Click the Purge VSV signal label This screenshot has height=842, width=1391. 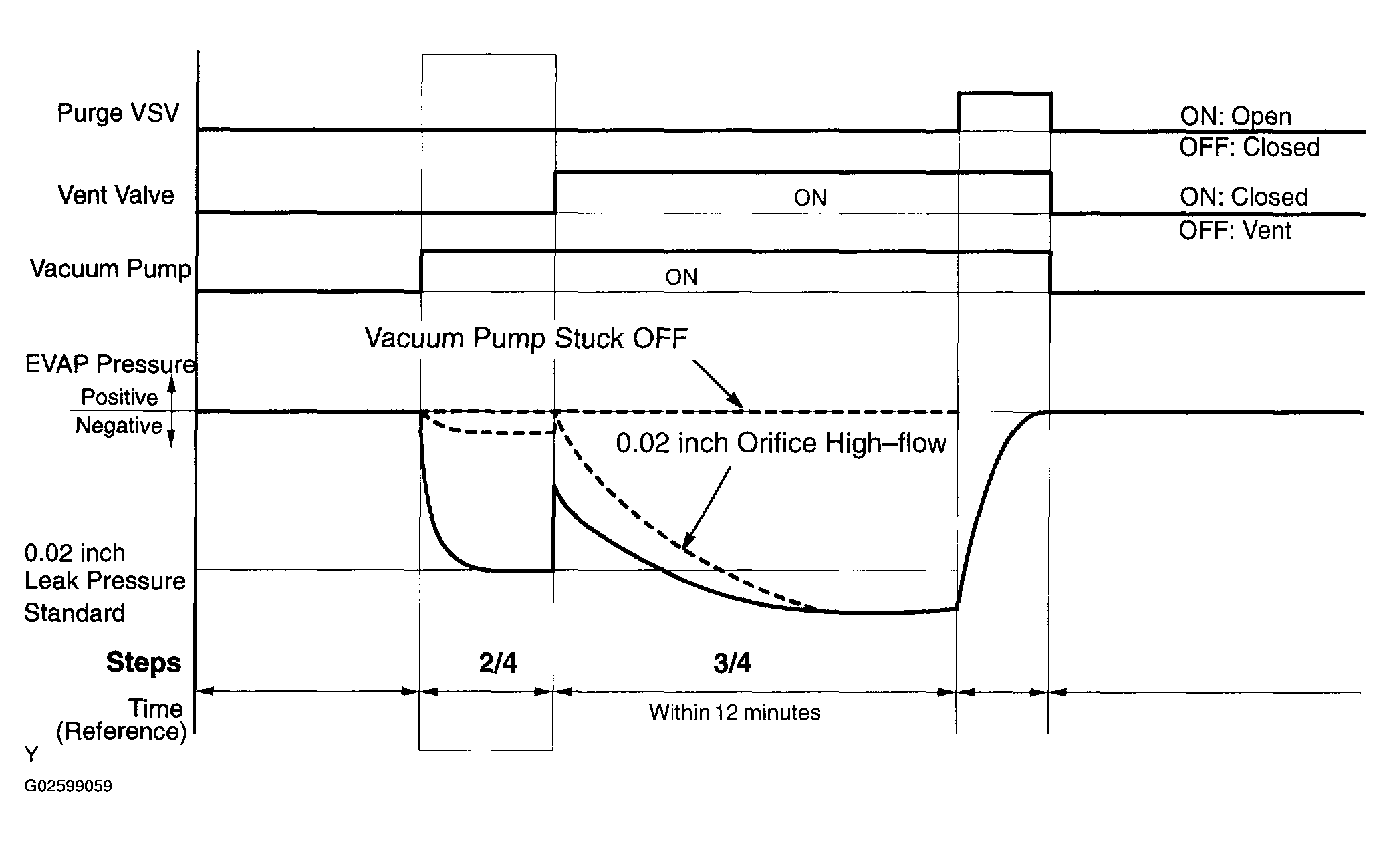[x=118, y=113]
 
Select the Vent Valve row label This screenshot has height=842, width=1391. [x=116, y=195]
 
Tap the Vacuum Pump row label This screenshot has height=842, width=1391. [x=111, y=269]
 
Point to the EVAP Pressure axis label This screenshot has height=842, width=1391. [x=110, y=364]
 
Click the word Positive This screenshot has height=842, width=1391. [x=120, y=398]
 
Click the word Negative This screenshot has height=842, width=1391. [x=119, y=426]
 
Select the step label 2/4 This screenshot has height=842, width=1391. [x=498, y=663]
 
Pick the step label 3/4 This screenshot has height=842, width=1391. [x=733, y=663]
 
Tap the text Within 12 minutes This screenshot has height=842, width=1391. [x=735, y=712]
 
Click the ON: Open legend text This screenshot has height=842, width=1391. [x=1236, y=116]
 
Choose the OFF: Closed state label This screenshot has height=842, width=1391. [x=1249, y=147]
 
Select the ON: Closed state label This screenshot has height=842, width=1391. [x=1244, y=197]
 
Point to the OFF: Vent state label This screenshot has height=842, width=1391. [x=1235, y=231]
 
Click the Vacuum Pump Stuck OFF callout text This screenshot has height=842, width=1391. [x=526, y=339]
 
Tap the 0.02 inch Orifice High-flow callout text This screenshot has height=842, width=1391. [x=781, y=444]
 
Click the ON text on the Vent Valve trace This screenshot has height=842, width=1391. [x=810, y=198]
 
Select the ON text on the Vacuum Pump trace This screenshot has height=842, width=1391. [x=681, y=277]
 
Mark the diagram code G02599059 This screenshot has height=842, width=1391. [x=68, y=786]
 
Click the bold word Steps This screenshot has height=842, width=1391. [x=144, y=664]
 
